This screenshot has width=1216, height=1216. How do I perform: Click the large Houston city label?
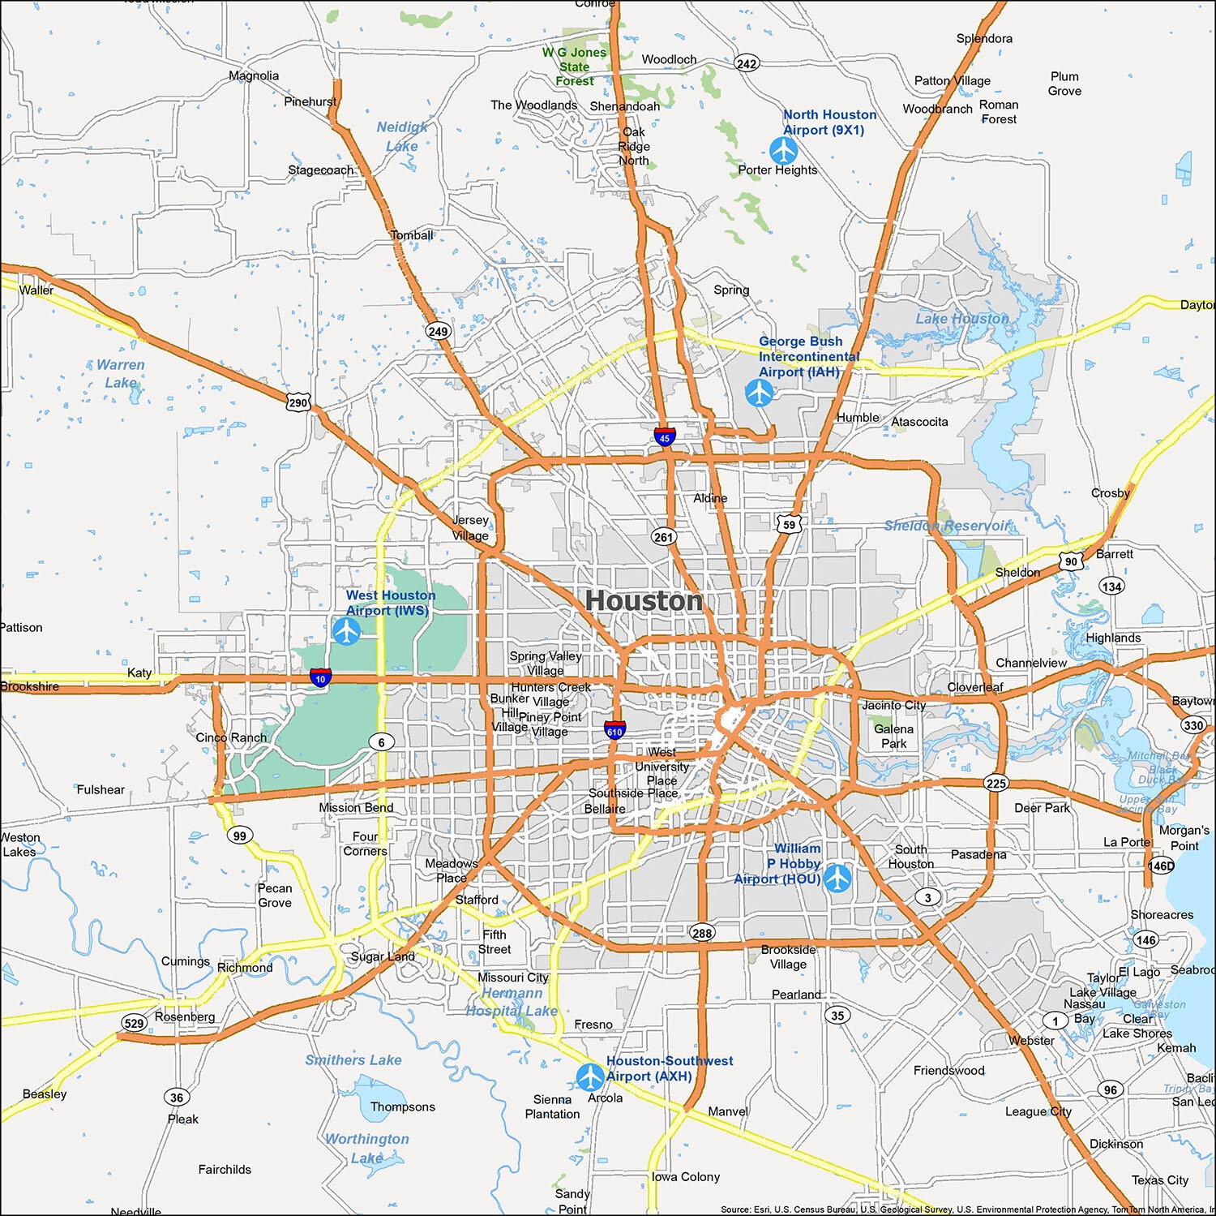tap(644, 601)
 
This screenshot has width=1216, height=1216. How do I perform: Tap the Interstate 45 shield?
tap(665, 437)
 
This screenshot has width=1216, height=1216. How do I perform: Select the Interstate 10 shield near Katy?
tap(320, 677)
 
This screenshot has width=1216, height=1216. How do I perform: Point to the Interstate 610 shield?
tap(614, 730)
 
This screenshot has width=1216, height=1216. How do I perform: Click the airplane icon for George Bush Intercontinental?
tap(760, 393)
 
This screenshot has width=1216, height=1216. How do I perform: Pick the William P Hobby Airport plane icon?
tap(837, 878)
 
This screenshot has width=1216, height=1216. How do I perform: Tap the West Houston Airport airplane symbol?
tap(346, 630)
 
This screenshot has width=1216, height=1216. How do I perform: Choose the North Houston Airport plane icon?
tap(783, 150)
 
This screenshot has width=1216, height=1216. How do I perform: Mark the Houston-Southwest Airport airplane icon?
tap(590, 1076)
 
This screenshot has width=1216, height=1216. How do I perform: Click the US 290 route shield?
tap(298, 402)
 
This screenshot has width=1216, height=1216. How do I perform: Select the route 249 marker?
tap(438, 331)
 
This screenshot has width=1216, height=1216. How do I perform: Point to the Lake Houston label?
tap(962, 319)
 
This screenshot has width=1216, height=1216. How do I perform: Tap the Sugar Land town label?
tap(383, 956)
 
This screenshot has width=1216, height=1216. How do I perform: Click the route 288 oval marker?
tap(702, 933)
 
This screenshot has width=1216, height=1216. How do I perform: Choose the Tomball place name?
tap(412, 235)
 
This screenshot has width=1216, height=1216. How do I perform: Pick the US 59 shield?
tap(789, 525)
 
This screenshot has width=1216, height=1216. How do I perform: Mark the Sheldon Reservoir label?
tap(947, 526)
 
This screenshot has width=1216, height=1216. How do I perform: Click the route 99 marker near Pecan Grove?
tap(239, 836)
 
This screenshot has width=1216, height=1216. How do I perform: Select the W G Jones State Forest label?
tap(575, 67)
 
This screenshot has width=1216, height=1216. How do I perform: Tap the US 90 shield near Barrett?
tap(1072, 561)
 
